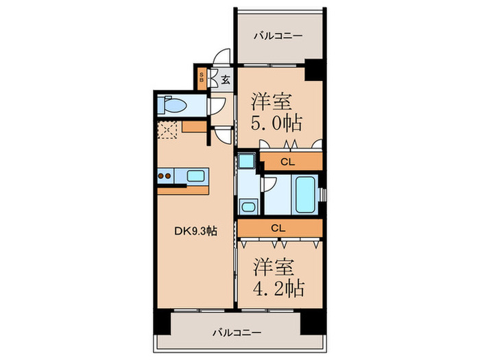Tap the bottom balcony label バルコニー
236,333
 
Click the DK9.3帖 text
196,231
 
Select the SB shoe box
202,77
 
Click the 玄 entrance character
225,79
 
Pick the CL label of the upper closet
289,163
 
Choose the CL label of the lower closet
278,228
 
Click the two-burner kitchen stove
165,176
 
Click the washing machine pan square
245,163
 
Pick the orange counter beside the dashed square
195,127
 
